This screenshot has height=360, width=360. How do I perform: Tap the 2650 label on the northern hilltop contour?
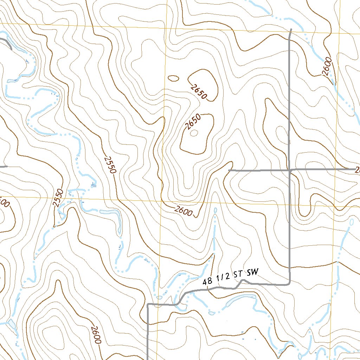pyautogui.click(x=199, y=91)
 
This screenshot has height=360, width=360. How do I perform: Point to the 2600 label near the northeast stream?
pyautogui.click(x=327, y=66)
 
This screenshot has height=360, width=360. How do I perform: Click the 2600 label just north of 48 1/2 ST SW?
pyautogui.click(x=184, y=211)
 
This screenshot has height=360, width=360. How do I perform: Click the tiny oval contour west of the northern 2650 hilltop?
pyautogui.click(x=173, y=78)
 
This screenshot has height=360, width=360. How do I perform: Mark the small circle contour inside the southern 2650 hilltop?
pyautogui.click(x=194, y=133)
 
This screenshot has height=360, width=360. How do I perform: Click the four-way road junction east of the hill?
pyautogui.click(x=289, y=170)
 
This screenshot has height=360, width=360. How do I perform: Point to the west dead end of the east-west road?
pyautogui.click(x=229, y=170)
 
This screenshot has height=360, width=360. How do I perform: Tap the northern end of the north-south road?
pyautogui.click(x=291, y=29)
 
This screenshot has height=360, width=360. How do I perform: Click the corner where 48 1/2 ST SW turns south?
pyautogui.click(x=148, y=304)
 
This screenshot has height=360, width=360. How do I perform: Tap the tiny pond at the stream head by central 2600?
pyautogui.click(x=215, y=210)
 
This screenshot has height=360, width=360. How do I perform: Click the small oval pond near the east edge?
pyautogui.click(x=351, y=222)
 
